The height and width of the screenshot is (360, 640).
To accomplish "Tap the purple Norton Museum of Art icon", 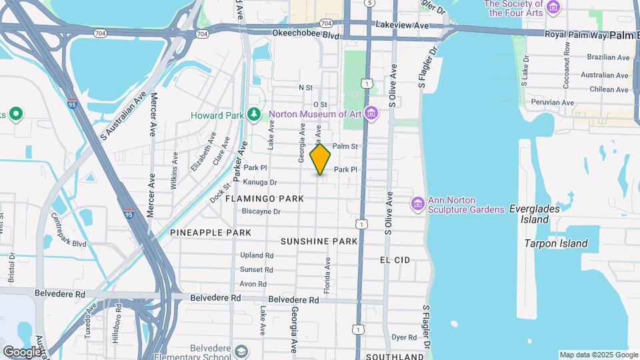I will pyautogui.click(x=371, y=114).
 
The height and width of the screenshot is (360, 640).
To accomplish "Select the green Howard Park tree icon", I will pyautogui.click(x=253, y=115).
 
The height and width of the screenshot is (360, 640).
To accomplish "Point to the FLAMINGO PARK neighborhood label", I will pyautogui.click(x=265, y=199).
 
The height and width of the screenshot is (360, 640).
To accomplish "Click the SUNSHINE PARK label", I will pyautogui.click(x=319, y=241).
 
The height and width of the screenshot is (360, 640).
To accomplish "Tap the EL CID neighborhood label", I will pyautogui.click(x=395, y=259).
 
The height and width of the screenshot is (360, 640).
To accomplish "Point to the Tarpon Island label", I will pyautogui.click(x=556, y=244).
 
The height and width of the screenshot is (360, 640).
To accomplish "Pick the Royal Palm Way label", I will pyautogui.click(x=575, y=34).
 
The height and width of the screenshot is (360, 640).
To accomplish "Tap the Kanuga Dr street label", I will pyautogui.click(x=260, y=182).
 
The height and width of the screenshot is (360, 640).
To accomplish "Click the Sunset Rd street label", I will pyautogui.click(x=257, y=270).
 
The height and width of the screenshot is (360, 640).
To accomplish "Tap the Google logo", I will pyautogui.click(x=21, y=351).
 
